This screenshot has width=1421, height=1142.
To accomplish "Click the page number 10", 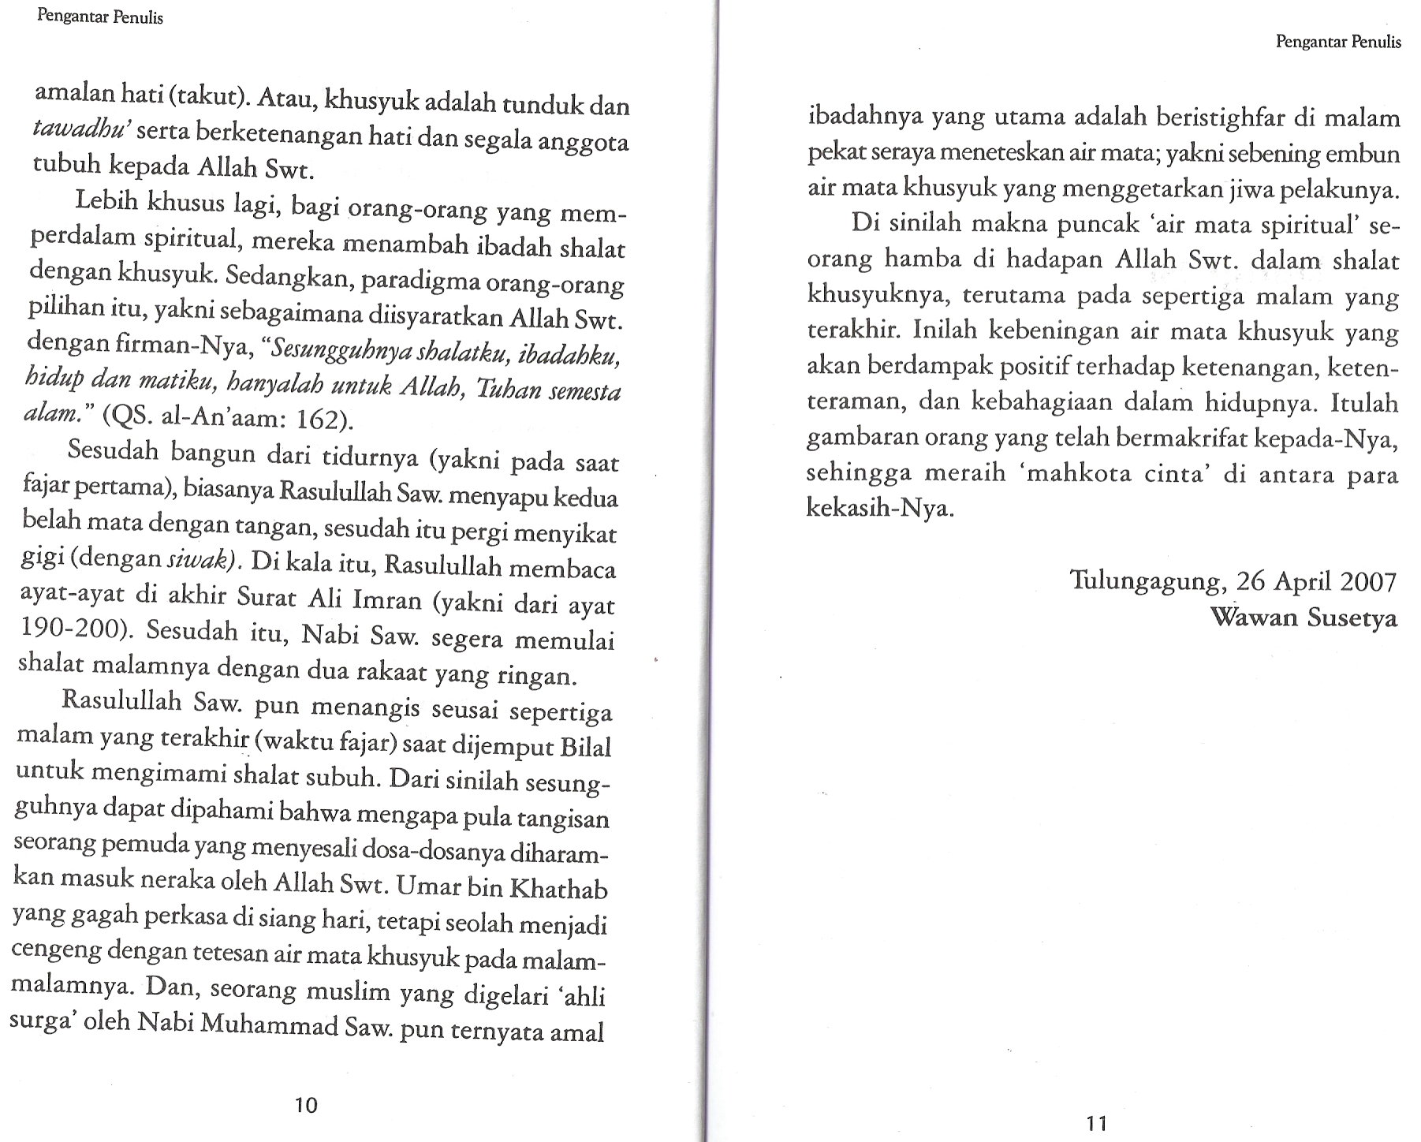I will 305,1105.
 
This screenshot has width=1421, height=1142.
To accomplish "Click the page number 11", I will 1096,1123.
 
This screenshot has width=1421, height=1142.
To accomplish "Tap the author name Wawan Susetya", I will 1304,618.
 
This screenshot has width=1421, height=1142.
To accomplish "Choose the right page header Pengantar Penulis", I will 1338,43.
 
